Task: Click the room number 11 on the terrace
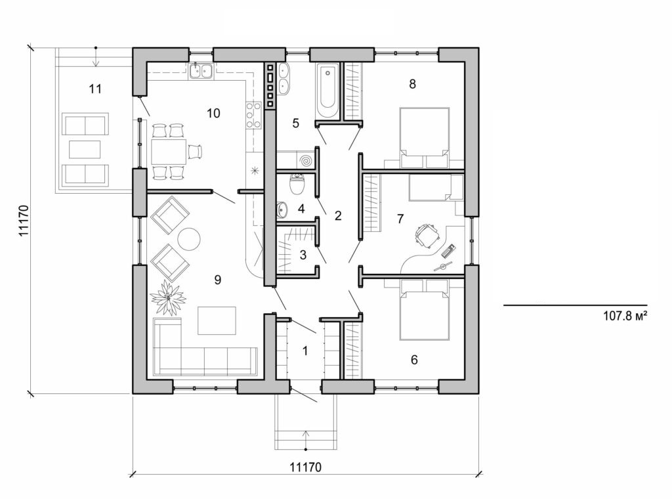95,89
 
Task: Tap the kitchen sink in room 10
201,71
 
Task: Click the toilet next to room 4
297,183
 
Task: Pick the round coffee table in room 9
189,238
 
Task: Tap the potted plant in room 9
169,298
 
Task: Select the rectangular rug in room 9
217,320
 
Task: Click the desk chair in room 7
427,235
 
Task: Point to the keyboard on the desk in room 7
450,251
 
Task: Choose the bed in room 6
424,309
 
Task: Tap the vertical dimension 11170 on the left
22,221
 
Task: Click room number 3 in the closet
303,255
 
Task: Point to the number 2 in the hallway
338,215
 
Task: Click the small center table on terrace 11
85,149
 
